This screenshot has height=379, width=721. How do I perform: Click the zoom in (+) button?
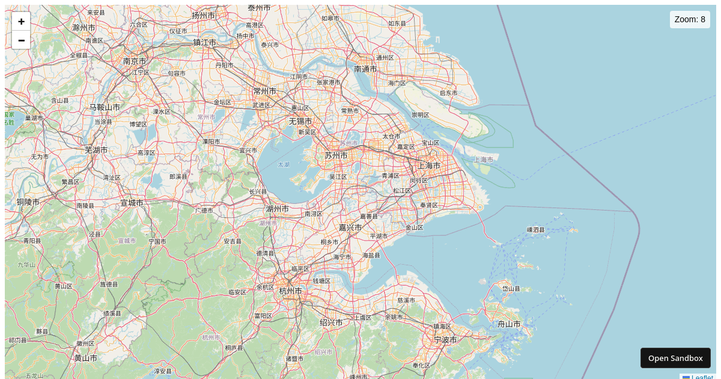pyautogui.click(x=21, y=22)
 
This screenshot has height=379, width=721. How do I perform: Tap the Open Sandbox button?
pyautogui.click(x=675, y=358)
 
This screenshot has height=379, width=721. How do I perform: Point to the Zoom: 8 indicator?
pyautogui.click(x=690, y=19)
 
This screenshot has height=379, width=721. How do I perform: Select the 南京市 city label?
pyautogui.click(x=135, y=61)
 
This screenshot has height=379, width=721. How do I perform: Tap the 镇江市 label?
pyautogui.click(x=204, y=42)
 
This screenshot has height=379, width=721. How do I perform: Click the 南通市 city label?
pyautogui.click(x=365, y=69)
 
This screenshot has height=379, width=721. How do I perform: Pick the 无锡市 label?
pyautogui.click(x=300, y=121)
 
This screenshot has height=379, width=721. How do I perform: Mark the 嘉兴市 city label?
pyautogui.click(x=350, y=227)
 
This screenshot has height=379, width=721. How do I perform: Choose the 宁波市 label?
pyautogui.click(x=445, y=339)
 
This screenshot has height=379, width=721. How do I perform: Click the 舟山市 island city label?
pyautogui.click(x=510, y=324)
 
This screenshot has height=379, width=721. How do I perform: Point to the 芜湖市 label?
pyautogui.click(x=96, y=150)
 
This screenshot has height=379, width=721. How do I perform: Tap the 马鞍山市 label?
pyautogui.click(x=105, y=107)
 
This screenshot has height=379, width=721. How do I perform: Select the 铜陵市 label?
pyautogui.click(x=28, y=202)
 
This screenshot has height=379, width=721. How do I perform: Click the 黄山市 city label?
pyautogui.click(x=86, y=357)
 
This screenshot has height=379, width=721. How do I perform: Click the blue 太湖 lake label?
pyautogui.click(x=284, y=164)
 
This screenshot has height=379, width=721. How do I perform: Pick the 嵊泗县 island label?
pyautogui.click(x=535, y=229)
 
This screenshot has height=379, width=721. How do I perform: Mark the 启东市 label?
pyautogui.click(x=448, y=93)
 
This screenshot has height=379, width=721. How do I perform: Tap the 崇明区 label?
pyautogui.click(x=420, y=115)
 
